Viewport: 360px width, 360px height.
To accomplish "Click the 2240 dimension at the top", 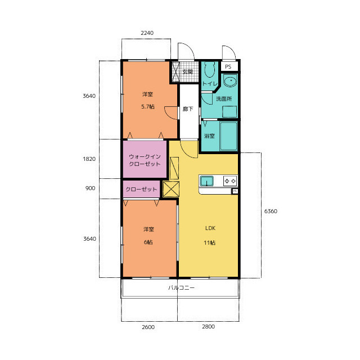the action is (147, 33).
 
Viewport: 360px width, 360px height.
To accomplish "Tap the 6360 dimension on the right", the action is (271, 211).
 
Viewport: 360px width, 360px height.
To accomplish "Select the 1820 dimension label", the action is (89, 159).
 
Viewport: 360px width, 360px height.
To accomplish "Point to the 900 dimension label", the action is (90, 188).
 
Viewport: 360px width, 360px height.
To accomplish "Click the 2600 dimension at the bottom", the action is (148, 327).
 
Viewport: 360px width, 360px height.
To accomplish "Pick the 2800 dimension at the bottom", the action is (208, 326).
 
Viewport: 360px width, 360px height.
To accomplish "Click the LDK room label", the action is (210, 228).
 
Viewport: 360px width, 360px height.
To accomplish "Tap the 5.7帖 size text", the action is (148, 106).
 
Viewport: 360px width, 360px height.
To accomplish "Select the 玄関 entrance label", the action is (187, 71).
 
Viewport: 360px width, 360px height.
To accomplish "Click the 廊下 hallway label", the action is (188, 109).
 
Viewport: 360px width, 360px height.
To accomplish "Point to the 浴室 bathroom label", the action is (209, 136).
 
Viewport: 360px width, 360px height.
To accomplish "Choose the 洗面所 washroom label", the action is (224, 99).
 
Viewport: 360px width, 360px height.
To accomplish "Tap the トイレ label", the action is (210, 84).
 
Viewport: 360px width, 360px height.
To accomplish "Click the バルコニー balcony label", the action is (181, 287).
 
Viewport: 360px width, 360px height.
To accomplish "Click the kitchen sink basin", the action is (206, 181).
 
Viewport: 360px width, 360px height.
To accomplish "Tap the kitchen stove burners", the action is (230, 181).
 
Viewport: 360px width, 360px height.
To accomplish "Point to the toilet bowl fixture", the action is (209, 69).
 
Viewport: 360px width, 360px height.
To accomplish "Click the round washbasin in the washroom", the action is (230, 81).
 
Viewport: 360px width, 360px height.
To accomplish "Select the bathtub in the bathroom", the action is (229, 136).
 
